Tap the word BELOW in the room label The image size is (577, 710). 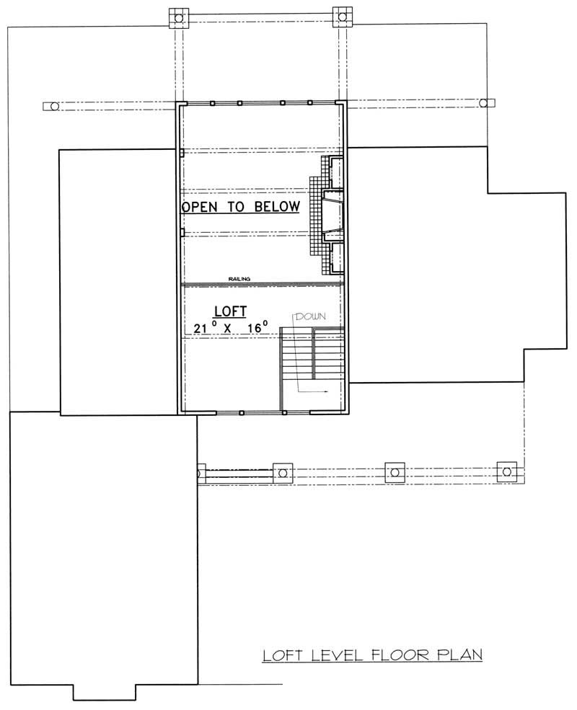coord(276,207)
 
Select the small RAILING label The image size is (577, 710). coord(239,278)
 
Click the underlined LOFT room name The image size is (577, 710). coord(230,311)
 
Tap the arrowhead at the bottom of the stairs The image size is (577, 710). coord(327,392)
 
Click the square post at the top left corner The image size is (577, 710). coord(177,16)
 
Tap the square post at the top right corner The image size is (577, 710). coord(343,15)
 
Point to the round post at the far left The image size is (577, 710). coord(51,107)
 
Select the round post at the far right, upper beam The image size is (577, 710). coord(489,103)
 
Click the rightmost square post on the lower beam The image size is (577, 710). coord(508,471)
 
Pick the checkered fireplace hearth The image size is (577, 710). coord(315,216)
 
